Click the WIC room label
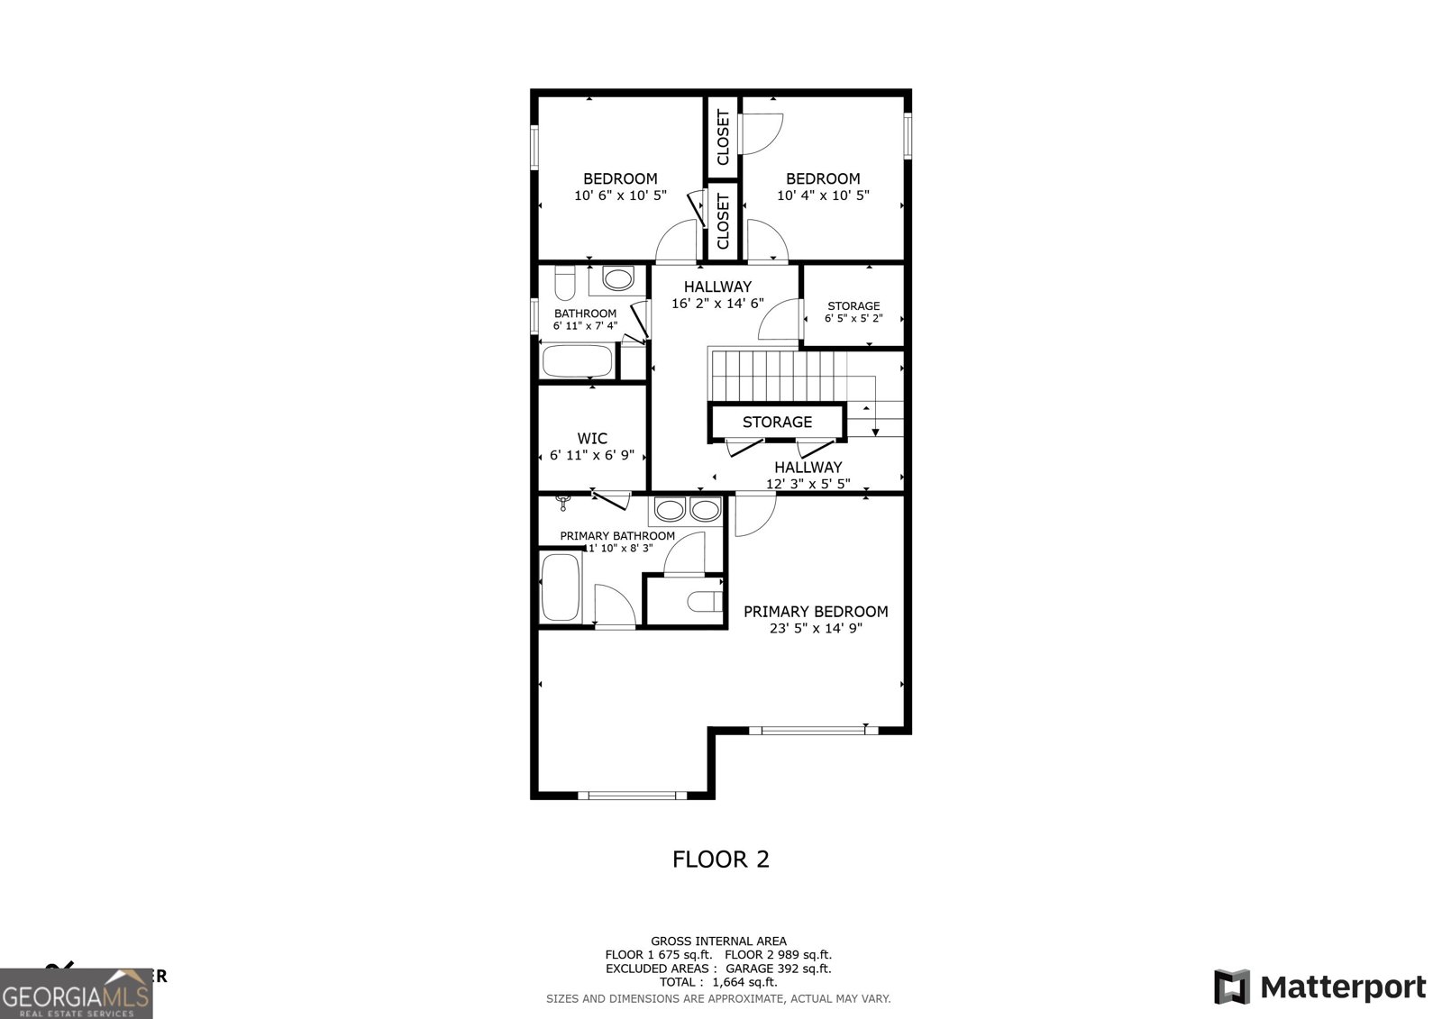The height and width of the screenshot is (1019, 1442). pos(592,439)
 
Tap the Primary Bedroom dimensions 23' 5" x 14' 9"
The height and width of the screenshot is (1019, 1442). pos(816,629)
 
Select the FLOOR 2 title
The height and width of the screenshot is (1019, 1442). pos(721,859)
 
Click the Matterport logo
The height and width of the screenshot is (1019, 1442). pos(1319,987)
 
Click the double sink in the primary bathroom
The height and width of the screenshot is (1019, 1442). pos(688,510)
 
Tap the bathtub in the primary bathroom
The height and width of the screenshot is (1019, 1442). pos(561,587)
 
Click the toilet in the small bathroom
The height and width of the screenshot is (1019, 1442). pos(565,284)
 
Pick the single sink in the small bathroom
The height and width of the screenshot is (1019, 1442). pos(617,279)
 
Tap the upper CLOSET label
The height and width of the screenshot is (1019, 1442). pos(723,138)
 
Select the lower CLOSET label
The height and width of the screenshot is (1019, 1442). pos(723,221)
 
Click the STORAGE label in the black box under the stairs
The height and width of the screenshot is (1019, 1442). pos(777,422)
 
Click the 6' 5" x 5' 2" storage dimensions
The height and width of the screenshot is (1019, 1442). pos(853,318)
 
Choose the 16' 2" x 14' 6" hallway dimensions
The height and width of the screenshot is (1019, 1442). pos(717,304)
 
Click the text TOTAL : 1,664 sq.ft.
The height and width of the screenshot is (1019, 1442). pos(718,982)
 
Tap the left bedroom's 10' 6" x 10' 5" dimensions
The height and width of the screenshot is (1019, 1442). pos(620,195)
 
